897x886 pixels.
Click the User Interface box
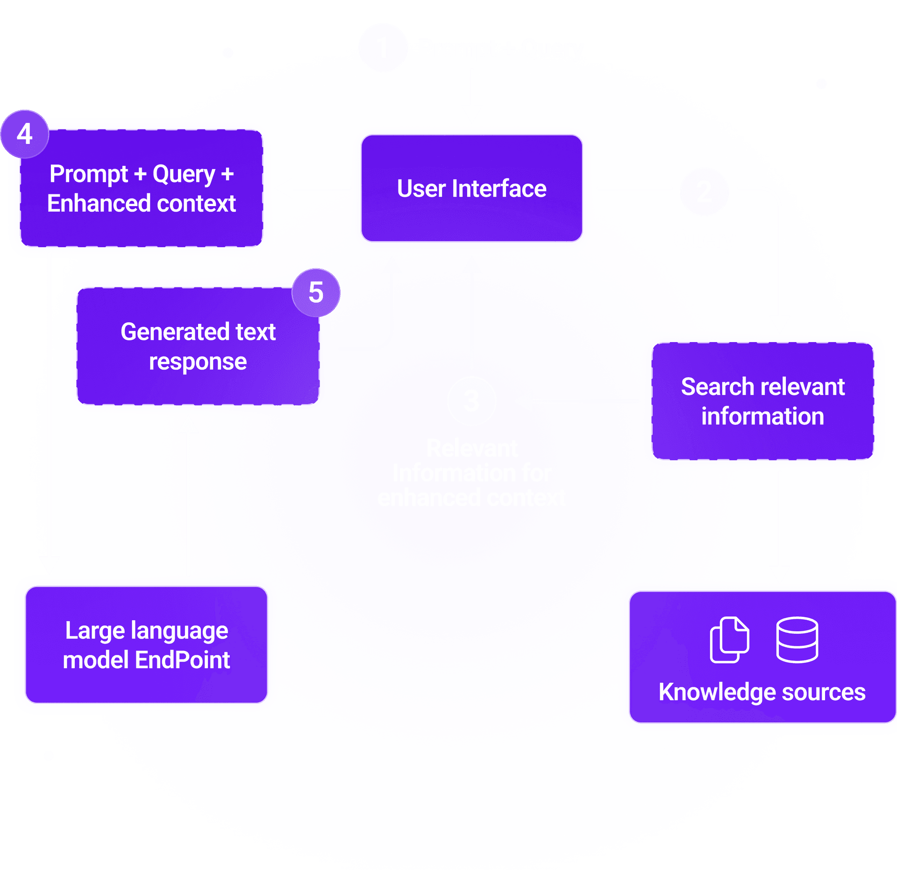click(x=471, y=188)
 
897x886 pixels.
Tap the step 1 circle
click(x=383, y=48)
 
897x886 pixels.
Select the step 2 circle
click(x=704, y=191)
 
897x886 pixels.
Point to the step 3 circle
click(x=471, y=400)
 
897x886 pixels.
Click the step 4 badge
click(x=25, y=134)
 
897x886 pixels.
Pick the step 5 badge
click(x=316, y=293)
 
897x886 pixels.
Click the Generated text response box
click(x=198, y=346)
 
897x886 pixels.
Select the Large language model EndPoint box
click(x=146, y=644)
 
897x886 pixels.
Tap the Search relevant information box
click(x=762, y=401)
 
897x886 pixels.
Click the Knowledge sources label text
click(x=762, y=692)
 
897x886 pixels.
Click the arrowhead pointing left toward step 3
click(x=524, y=400)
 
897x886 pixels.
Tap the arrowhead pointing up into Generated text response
click(x=188, y=424)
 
